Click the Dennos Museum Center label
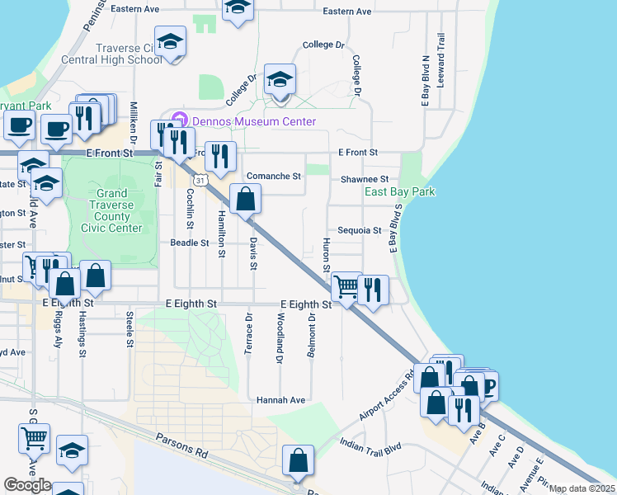(x=253, y=121)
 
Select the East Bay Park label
(x=400, y=192)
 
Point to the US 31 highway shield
(x=200, y=178)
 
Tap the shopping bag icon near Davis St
(x=246, y=199)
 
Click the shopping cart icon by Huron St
(x=346, y=287)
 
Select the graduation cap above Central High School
(x=171, y=40)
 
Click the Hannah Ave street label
(x=280, y=400)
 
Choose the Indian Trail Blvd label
(x=370, y=446)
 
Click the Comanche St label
(x=274, y=177)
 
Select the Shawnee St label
(x=365, y=179)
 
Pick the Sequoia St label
(x=359, y=231)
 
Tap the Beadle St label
(x=189, y=243)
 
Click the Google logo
(x=28, y=485)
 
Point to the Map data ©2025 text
(x=582, y=488)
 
